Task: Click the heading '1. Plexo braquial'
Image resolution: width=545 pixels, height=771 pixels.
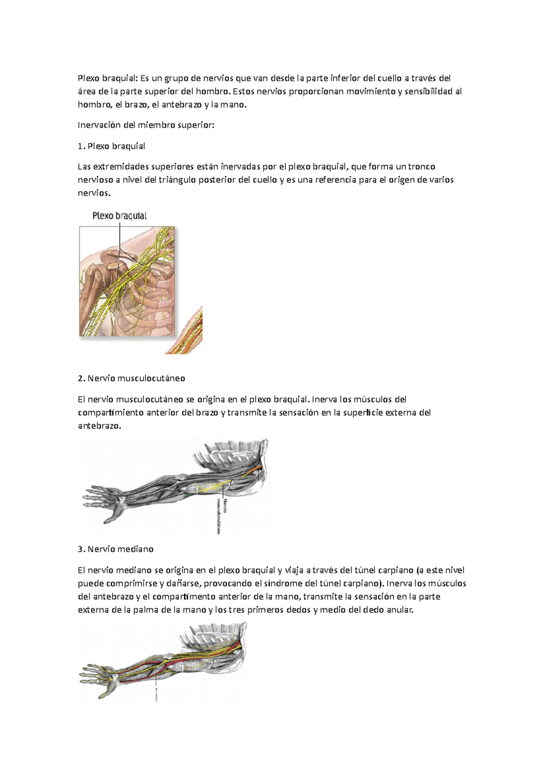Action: click(111, 146)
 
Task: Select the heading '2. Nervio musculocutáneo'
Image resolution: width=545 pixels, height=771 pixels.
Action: click(131, 378)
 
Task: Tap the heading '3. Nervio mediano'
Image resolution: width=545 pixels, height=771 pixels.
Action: click(116, 549)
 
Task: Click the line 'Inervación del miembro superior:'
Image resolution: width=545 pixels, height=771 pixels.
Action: click(145, 125)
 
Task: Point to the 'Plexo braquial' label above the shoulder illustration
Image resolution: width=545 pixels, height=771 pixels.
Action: click(119, 216)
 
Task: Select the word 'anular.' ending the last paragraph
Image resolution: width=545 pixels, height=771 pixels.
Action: click(400, 610)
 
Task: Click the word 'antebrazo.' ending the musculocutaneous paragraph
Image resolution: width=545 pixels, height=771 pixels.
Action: click(99, 426)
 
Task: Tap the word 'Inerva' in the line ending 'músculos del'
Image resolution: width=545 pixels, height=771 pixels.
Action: click(326, 400)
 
